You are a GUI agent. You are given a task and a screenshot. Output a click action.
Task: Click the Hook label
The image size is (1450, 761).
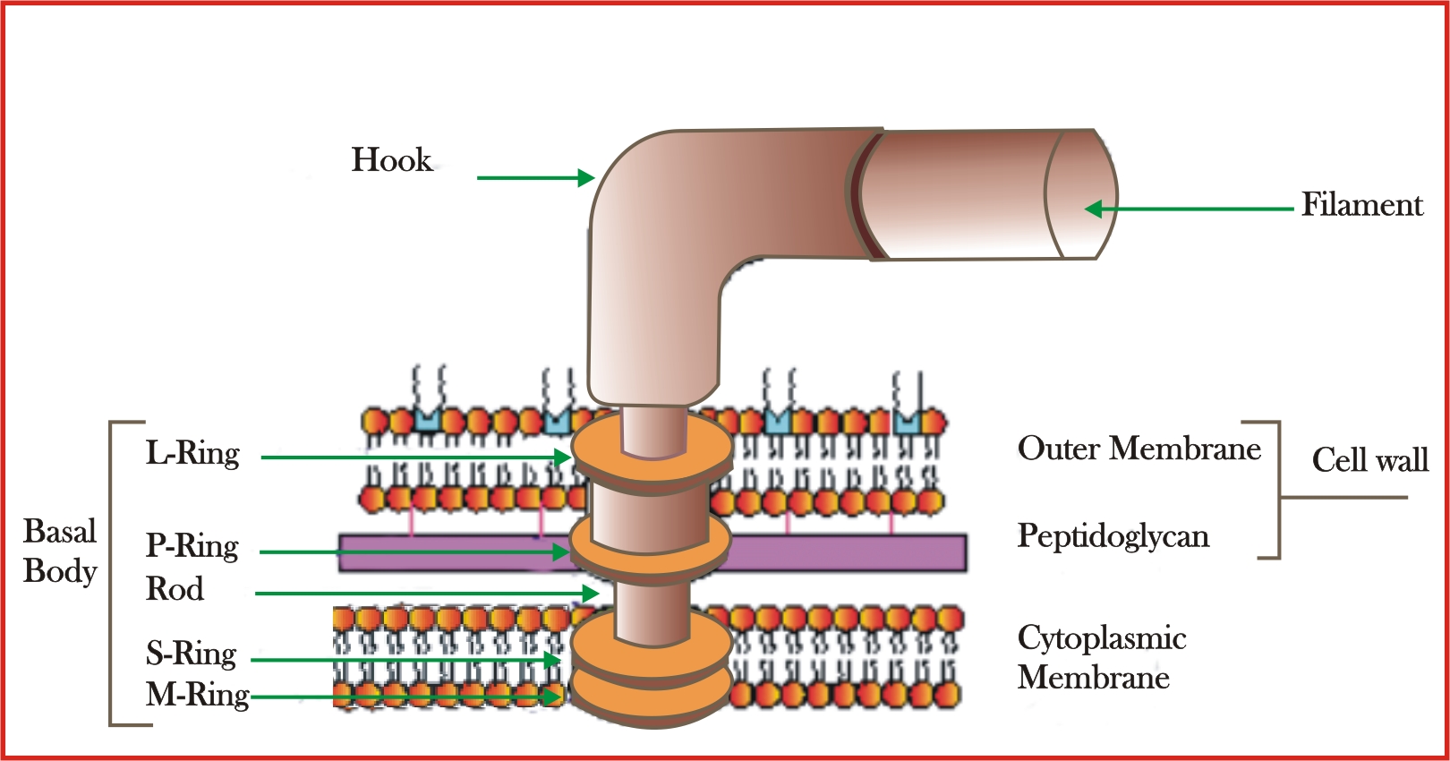(391, 160)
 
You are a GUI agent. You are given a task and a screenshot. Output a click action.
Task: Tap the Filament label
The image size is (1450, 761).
(1360, 205)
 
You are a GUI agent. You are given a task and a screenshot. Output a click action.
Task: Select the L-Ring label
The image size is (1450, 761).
(192, 453)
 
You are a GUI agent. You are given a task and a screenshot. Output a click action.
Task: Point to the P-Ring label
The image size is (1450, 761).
(192, 546)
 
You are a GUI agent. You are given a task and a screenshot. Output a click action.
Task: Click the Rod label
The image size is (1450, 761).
(175, 589)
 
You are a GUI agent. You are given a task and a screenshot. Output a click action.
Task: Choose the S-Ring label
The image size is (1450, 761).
(191, 654)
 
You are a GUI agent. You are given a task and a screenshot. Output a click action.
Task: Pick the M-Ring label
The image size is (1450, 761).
(197, 695)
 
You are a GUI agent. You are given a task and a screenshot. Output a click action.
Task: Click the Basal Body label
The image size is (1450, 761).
(60, 552)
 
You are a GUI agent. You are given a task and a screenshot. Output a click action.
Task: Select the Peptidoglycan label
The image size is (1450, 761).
(1113, 536)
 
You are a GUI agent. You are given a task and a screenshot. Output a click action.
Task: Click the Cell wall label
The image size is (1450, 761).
(1369, 460)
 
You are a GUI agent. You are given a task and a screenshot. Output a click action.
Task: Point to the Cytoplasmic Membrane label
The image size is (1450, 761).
(1101, 658)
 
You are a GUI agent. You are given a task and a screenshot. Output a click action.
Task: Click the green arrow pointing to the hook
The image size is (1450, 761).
(534, 178)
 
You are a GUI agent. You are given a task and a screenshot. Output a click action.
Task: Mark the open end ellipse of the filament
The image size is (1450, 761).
(1081, 194)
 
